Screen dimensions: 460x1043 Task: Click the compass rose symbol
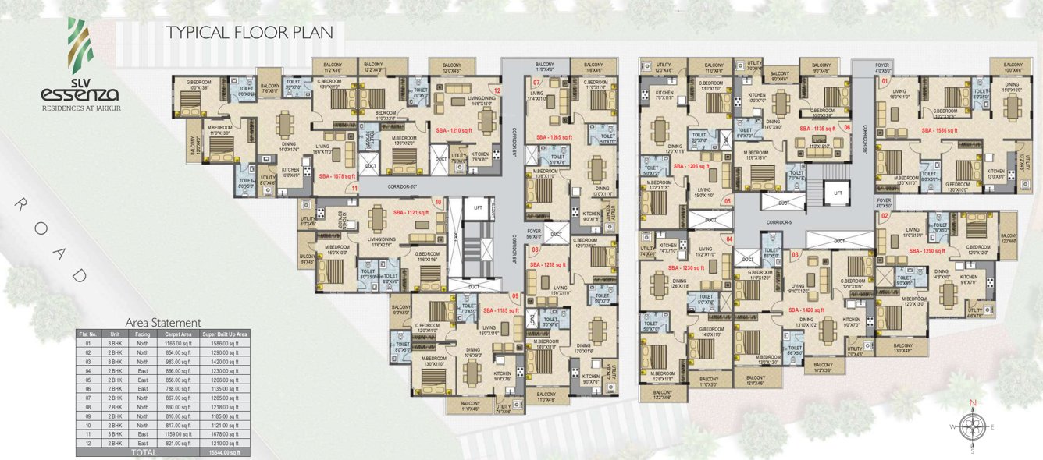973,427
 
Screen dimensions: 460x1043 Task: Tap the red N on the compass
973,403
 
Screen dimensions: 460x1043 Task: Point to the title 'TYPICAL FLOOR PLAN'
250,33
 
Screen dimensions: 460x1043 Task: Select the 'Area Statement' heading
163,322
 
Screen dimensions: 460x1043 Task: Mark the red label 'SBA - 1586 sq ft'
938,131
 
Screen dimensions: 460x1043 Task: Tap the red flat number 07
537,82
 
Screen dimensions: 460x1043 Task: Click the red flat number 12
496,91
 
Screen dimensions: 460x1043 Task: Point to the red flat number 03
795,255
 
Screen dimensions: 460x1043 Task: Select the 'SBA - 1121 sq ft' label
411,212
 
